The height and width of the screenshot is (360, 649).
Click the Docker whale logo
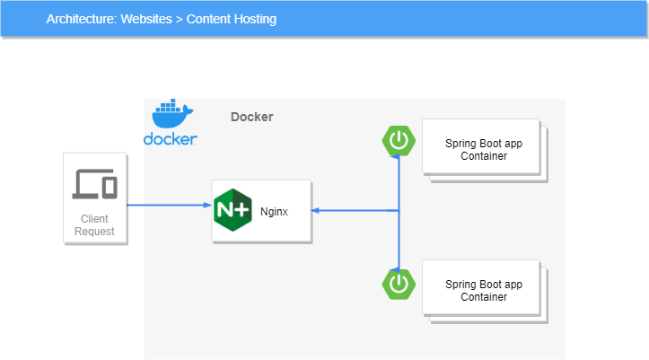pos(172,115)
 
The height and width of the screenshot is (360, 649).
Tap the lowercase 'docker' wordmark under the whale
pos(171,139)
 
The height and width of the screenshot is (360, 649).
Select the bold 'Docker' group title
pos(252,117)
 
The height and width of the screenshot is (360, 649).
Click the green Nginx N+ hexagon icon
pos(232,211)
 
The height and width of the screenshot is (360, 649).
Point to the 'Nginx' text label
pos(274,212)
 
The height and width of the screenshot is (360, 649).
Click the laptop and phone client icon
pos(94,185)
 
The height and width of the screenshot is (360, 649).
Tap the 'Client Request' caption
pos(94,224)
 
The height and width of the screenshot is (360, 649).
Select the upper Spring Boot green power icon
pos(399,140)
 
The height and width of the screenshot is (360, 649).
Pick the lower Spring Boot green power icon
pos(399,284)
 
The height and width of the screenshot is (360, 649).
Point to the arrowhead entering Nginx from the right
pos(316,211)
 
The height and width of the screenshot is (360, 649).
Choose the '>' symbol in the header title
pos(179,19)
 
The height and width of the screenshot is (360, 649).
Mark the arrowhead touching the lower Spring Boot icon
pos(399,267)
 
